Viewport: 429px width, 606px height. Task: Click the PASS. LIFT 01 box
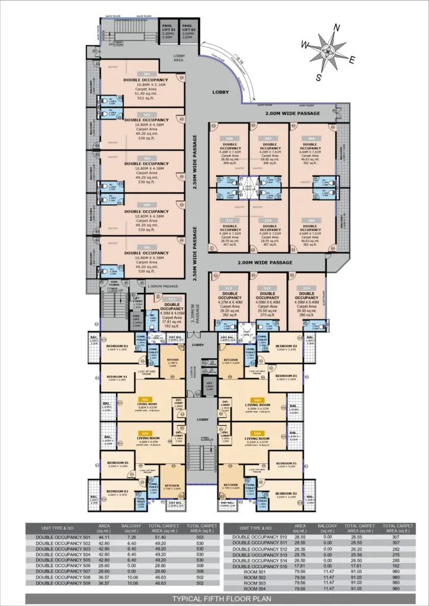(x=169, y=31)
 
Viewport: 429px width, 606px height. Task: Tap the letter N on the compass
(x=337, y=27)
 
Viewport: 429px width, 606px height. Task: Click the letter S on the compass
(x=319, y=77)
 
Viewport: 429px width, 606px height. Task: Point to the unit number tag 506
(x=229, y=138)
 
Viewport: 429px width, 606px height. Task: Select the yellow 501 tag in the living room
(x=142, y=399)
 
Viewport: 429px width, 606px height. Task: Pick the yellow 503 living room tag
(x=257, y=433)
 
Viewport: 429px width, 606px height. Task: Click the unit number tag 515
(x=172, y=299)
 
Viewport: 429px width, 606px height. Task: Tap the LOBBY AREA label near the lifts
(x=180, y=58)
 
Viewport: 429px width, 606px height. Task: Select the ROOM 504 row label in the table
(x=254, y=589)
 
